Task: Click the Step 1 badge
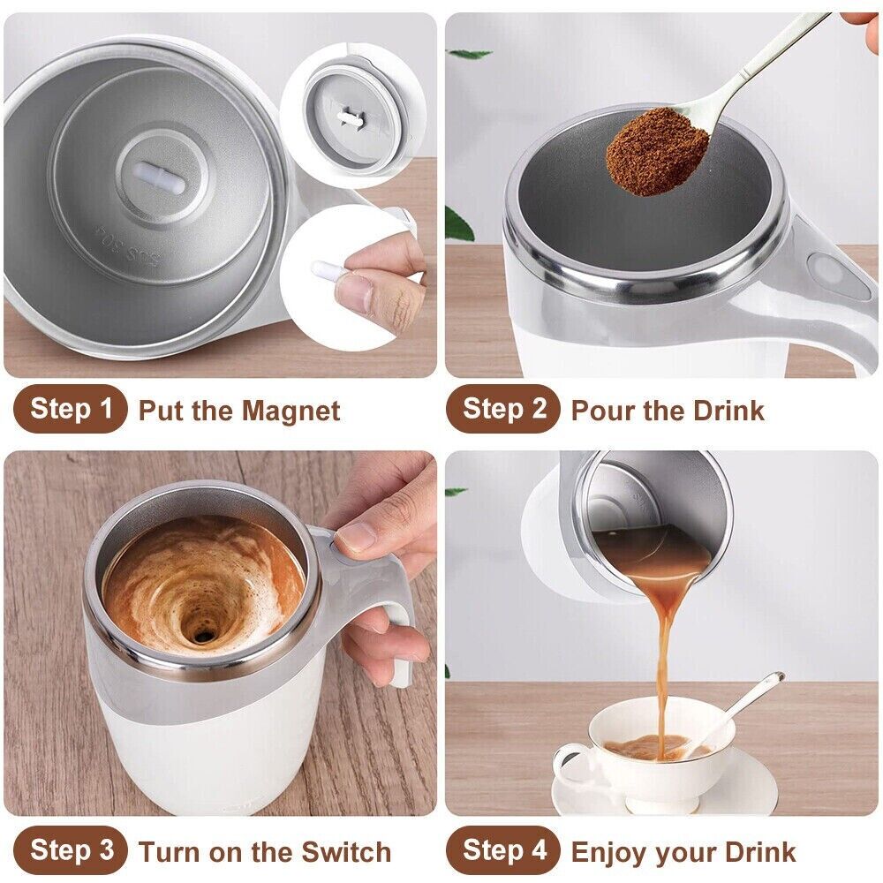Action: (x=71, y=409)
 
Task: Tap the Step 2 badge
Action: (x=503, y=409)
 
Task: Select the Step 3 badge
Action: (x=71, y=850)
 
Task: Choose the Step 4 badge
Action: (x=503, y=850)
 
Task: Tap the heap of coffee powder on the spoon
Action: (x=655, y=151)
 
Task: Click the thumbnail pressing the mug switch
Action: (x=356, y=537)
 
